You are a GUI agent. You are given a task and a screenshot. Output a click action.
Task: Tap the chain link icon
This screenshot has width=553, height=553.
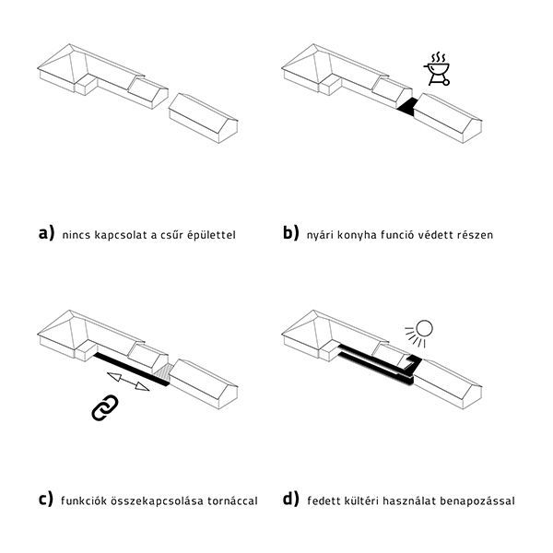[105, 407]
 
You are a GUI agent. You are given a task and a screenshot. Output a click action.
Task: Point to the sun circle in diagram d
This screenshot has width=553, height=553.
[424, 329]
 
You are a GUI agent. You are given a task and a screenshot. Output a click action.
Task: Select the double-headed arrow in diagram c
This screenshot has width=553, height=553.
[128, 382]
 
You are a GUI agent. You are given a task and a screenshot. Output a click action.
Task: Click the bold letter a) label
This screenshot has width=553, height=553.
[47, 233]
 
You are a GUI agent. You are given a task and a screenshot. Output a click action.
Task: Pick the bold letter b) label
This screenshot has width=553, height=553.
[291, 233]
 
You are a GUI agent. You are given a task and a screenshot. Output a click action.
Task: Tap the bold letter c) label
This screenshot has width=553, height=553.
[46, 499]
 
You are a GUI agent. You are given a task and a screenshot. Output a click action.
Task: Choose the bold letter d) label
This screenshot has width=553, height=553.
[291, 499]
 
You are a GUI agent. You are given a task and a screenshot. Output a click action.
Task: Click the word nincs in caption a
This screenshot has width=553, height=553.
[76, 235]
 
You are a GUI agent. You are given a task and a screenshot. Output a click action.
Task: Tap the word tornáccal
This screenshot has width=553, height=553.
[232, 500]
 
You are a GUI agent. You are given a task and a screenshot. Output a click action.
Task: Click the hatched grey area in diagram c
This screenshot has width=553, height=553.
[163, 372]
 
